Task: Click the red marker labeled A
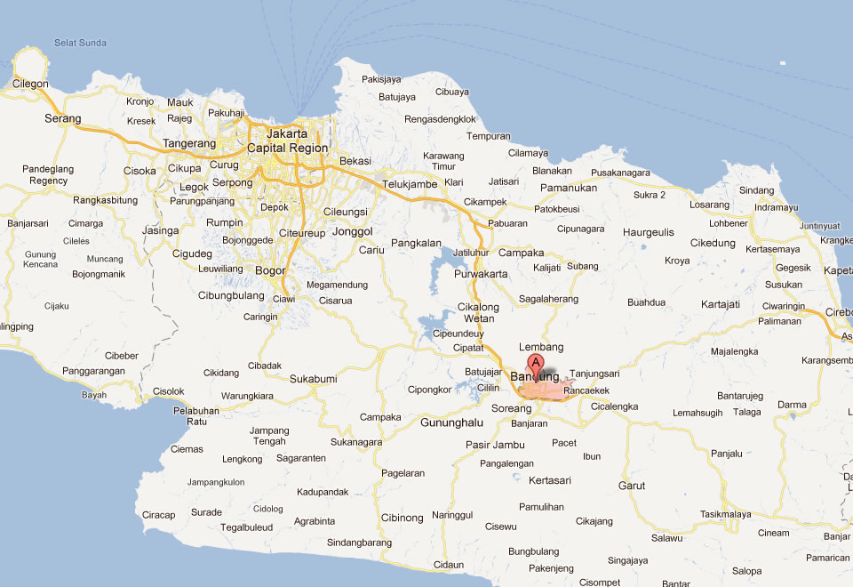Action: (x=536, y=363)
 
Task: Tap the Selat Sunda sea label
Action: (x=76, y=43)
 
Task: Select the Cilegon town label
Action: (x=30, y=84)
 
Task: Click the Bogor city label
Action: (x=270, y=270)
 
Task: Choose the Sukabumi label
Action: (x=314, y=379)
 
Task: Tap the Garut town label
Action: (x=632, y=486)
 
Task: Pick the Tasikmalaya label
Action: (x=725, y=514)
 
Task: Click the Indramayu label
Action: (x=776, y=207)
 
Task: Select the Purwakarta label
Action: (x=481, y=274)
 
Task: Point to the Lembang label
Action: (x=541, y=347)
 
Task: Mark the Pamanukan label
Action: (x=569, y=188)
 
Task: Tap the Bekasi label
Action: (x=355, y=161)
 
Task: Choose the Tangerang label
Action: (x=189, y=143)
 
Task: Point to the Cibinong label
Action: (x=402, y=518)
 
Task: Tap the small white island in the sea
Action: (x=782, y=63)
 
